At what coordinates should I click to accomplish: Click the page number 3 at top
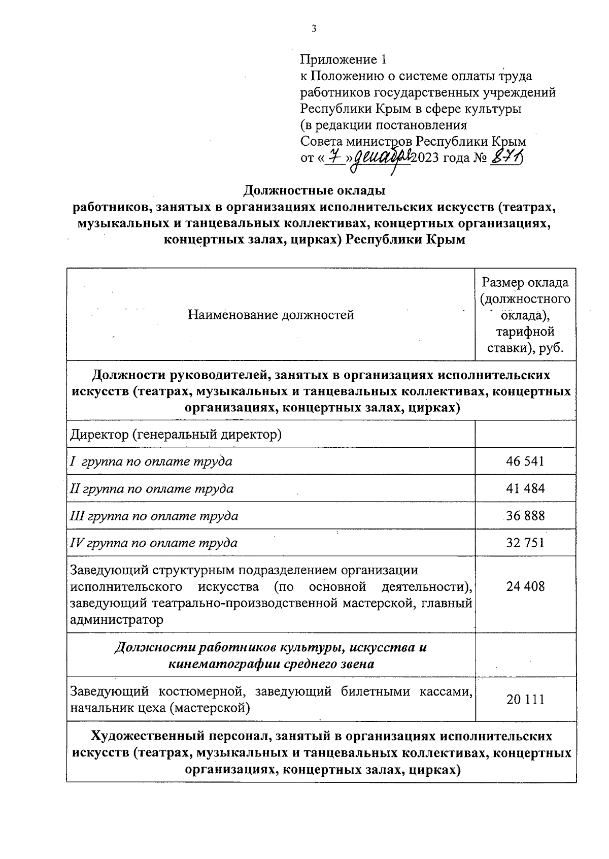(x=314, y=29)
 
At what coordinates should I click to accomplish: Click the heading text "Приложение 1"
(x=343, y=60)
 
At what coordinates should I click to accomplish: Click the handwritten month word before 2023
(x=382, y=158)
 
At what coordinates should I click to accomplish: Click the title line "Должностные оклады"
(x=315, y=190)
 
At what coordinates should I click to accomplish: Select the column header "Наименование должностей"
(x=270, y=315)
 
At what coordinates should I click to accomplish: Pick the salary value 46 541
(x=525, y=461)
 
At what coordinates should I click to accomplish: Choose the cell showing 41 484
(x=525, y=488)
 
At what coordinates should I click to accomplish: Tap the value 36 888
(x=525, y=515)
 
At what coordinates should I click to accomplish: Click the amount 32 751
(x=525, y=542)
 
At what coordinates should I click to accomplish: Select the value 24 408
(x=525, y=586)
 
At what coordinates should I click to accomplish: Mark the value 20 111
(x=525, y=699)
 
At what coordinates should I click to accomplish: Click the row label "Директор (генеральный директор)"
(x=176, y=435)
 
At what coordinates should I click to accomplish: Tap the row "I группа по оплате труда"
(x=151, y=461)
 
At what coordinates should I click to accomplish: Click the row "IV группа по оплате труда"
(x=153, y=543)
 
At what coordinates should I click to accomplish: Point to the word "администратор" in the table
(x=117, y=619)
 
